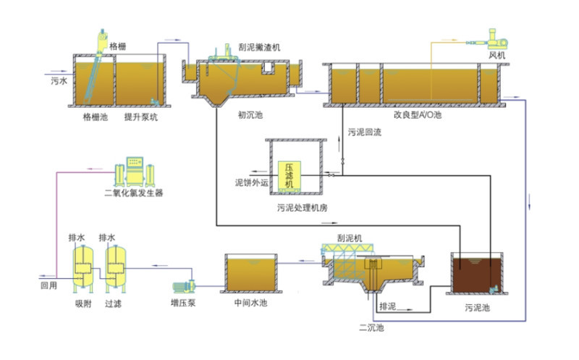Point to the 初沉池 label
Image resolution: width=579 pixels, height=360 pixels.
pos(250,114)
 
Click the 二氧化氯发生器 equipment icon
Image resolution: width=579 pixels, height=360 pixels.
pos(134,170)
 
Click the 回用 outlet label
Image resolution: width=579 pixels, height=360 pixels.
pos(48,285)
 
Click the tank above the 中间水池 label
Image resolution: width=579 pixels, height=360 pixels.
pos(250,273)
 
